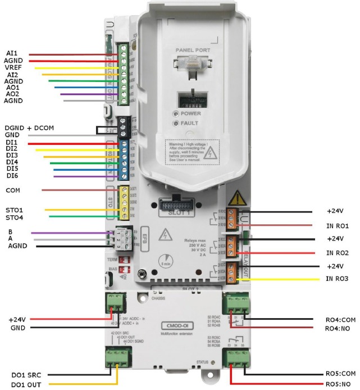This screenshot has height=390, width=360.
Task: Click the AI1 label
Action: click(11, 55)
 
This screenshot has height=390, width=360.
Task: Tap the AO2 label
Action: click(12, 94)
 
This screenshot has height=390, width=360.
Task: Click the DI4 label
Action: click(12, 161)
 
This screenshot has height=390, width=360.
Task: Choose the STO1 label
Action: click(14, 210)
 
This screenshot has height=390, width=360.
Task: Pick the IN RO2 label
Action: click(337, 253)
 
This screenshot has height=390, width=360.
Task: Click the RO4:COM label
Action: click(340, 319)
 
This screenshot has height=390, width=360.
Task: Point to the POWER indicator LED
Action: click(177, 113)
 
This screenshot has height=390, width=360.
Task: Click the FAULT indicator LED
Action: click(177, 123)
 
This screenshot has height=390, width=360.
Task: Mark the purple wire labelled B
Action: click(73, 232)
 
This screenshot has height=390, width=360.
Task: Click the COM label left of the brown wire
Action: click(12, 191)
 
